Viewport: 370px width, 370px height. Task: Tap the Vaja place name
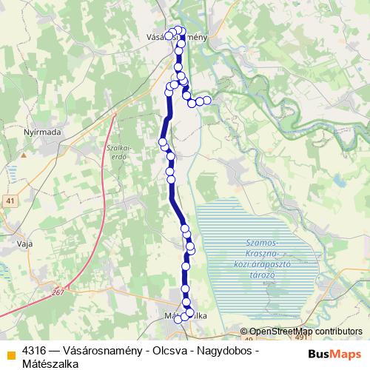coord(23,240)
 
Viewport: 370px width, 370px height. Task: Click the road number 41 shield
coord(10,201)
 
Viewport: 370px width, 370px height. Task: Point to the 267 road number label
coord(59,293)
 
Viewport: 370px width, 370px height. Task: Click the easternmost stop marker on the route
coord(207,100)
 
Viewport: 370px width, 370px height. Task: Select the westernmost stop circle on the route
coord(163,141)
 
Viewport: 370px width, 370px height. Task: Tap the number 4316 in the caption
coord(35,350)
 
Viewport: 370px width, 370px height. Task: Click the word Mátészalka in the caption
coord(50,363)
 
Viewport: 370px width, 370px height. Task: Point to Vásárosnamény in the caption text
coord(101,350)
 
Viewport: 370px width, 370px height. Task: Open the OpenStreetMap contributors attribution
coord(306,332)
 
